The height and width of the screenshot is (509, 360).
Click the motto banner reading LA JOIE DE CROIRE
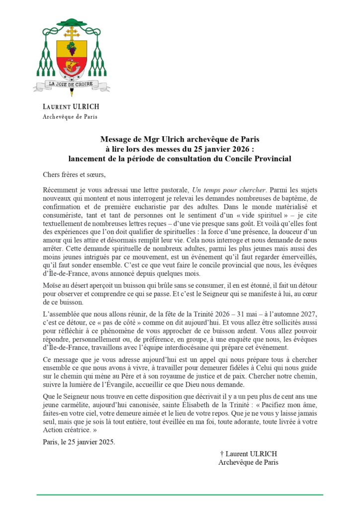pos(72,85)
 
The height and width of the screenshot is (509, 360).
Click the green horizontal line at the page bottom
pos(180,495)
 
